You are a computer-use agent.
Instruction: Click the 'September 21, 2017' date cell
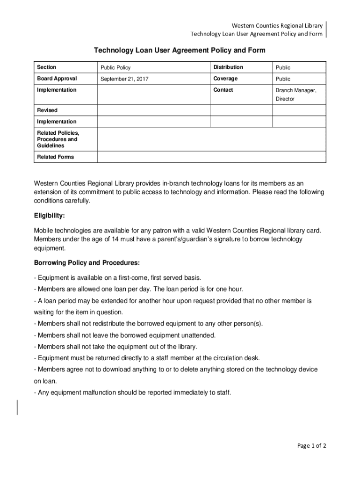tap(124, 79)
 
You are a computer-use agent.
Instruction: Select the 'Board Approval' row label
tap(57, 79)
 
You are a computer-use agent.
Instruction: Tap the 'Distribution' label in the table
tap(228, 67)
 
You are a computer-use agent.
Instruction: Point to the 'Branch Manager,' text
tap(296, 90)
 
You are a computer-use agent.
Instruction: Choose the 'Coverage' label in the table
tap(225, 79)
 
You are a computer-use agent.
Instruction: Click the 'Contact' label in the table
tap(223, 90)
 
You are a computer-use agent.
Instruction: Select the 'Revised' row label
tap(47, 110)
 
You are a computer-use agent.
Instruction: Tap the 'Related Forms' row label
tap(56, 157)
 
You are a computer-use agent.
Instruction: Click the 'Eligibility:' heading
tap(50, 216)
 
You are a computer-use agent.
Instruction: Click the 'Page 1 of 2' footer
tap(312, 446)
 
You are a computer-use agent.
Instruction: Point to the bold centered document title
tap(180, 50)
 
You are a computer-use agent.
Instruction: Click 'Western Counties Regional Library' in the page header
tap(273, 25)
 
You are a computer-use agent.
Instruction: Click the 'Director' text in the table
tap(285, 99)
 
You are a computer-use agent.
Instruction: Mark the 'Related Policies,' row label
tap(58, 133)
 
